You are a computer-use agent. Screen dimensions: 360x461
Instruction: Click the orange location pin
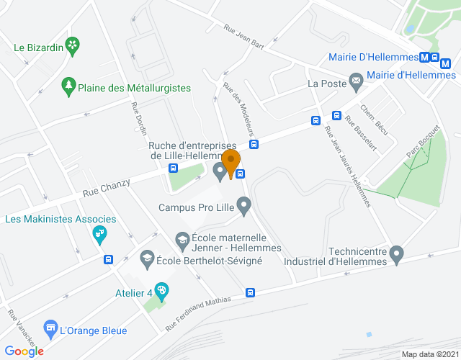click(231, 163)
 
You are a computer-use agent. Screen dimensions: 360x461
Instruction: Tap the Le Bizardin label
click(39, 48)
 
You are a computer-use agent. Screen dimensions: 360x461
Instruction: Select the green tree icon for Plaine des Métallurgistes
click(68, 86)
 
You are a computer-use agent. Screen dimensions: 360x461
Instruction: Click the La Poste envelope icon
click(355, 80)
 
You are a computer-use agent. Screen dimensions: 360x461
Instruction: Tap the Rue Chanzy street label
click(107, 189)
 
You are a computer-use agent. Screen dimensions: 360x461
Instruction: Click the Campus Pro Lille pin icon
click(244, 207)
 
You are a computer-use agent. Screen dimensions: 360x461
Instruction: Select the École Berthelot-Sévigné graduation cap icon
click(147, 258)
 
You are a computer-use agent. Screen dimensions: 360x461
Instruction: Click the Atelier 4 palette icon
click(162, 291)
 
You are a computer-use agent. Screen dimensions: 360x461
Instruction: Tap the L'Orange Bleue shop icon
click(50, 329)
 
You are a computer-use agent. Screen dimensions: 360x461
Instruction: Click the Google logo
click(24, 351)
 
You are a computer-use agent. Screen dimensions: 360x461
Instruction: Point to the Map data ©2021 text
click(430, 354)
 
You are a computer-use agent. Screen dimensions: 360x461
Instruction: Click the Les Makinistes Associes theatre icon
click(99, 234)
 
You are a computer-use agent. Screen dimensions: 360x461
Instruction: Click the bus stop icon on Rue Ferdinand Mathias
click(250, 292)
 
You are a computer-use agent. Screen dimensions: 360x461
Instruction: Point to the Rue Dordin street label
click(139, 119)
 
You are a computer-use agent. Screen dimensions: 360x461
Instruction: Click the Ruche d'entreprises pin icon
click(220, 171)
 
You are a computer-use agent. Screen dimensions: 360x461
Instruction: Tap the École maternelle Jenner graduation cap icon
click(182, 238)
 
